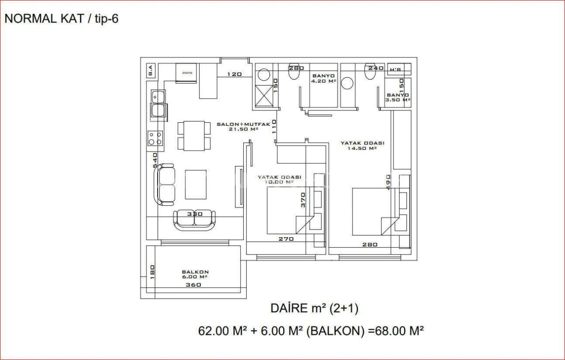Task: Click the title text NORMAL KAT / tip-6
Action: click(61, 19)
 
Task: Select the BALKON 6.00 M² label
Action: click(195, 274)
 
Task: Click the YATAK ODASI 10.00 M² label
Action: click(279, 179)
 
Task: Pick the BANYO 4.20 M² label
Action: click(323, 78)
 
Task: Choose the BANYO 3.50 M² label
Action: click(398, 97)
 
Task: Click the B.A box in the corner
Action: click(150, 70)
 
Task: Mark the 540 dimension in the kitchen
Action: click(155, 160)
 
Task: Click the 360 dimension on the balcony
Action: click(193, 285)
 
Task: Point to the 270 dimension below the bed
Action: click(286, 239)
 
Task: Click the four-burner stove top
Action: click(155, 138)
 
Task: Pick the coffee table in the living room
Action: click(196, 184)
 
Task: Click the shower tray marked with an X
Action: click(264, 96)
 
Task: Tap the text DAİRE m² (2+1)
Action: click(314, 308)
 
